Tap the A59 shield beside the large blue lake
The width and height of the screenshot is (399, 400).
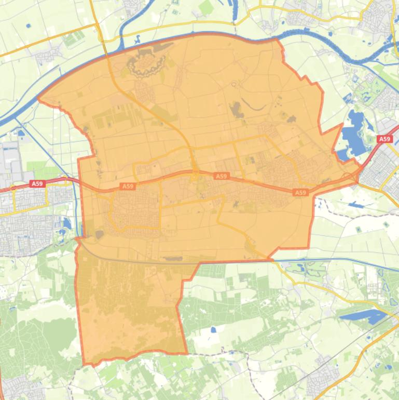(x=384, y=139)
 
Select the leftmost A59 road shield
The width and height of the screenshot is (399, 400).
(x=37, y=183)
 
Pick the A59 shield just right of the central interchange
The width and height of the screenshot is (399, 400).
(x=222, y=176)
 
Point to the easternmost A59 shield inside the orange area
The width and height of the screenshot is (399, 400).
(x=301, y=192)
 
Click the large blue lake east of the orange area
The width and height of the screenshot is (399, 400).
(x=354, y=132)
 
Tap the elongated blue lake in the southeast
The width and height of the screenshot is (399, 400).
(x=363, y=315)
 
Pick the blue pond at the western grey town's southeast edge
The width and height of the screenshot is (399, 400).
(x=67, y=223)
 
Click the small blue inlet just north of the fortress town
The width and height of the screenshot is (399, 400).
(x=138, y=39)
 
